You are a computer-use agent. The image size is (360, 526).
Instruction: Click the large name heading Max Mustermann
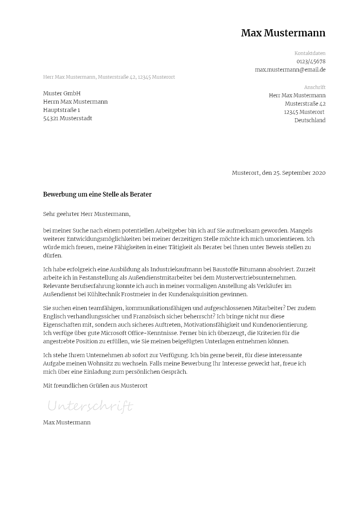click(283, 33)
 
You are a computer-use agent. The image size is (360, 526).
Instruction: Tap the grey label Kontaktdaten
click(310, 53)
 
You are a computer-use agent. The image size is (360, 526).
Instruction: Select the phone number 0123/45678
click(311, 62)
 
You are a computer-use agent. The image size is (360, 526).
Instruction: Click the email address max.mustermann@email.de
click(290, 70)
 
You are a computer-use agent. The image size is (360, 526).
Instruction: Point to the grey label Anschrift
click(315, 87)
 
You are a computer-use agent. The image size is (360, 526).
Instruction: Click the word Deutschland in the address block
click(310, 121)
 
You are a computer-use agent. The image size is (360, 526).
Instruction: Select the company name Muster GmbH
click(62, 93)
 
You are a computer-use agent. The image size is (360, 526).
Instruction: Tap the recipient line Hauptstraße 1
click(61, 110)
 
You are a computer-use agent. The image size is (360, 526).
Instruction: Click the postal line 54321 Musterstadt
click(68, 118)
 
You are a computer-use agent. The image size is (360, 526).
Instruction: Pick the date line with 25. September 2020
click(279, 173)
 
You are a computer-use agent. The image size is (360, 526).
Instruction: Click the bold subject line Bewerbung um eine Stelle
click(97, 195)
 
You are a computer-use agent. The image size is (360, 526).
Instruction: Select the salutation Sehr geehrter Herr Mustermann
click(87, 214)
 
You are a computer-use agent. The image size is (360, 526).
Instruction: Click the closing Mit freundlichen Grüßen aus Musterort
click(95, 386)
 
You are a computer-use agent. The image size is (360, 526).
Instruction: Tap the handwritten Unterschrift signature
click(90, 406)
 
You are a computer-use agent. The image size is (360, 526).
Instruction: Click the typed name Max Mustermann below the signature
click(67, 422)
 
